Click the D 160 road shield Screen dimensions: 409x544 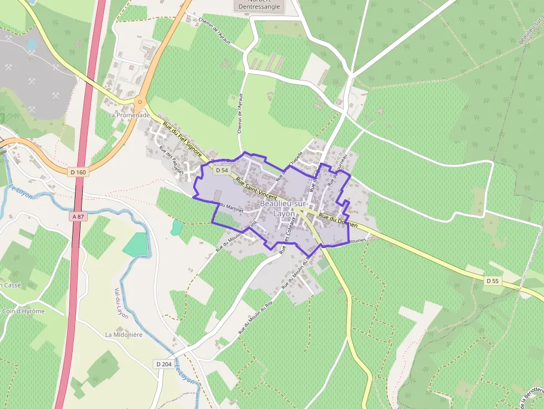(78, 173)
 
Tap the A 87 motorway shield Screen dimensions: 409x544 (78, 216)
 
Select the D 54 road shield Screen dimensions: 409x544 (221, 170)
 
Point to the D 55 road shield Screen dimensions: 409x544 (492, 281)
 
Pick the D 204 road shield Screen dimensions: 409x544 (164, 364)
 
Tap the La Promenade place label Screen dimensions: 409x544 (129, 115)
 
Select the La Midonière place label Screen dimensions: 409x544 (124, 335)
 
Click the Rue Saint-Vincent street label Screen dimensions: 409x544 (256, 189)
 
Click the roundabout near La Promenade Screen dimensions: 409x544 (140, 102)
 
